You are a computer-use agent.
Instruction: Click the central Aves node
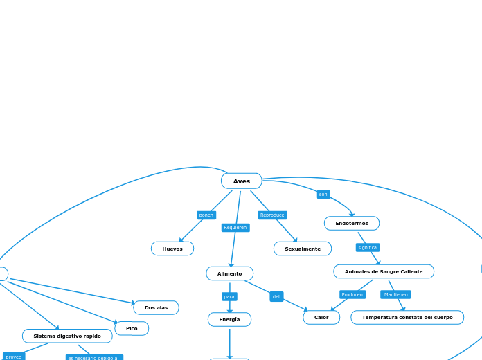pyautogui.click(x=241, y=181)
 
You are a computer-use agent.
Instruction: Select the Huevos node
pyautogui.click(x=172, y=249)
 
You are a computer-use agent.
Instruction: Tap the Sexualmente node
pyautogui.click(x=303, y=249)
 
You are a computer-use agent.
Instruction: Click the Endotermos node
pyautogui.click(x=352, y=223)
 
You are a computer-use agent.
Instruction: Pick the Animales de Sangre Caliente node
pyautogui.click(x=384, y=271)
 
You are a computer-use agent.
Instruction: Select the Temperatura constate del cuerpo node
pyautogui.click(x=407, y=317)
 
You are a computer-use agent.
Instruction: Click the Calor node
pyautogui.click(x=321, y=317)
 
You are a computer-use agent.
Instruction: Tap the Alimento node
pyautogui.click(x=229, y=273)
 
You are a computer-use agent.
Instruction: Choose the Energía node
pyautogui.click(x=229, y=319)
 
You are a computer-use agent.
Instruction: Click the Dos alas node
pyautogui.click(x=156, y=307)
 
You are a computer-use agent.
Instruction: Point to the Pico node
pyautogui.click(x=132, y=328)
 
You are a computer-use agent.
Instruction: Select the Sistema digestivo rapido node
pyautogui.click(x=67, y=336)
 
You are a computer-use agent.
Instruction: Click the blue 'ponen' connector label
pyautogui.click(x=206, y=215)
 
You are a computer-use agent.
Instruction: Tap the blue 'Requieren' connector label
pyautogui.click(x=235, y=227)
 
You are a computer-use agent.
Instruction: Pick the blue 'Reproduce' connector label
pyautogui.click(x=272, y=215)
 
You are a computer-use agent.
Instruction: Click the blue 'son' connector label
pyautogui.click(x=323, y=195)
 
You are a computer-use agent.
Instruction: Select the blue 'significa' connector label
pyautogui.click(x=367, y=247)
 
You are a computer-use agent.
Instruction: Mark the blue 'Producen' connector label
pyautogui.click(x=352, y=294)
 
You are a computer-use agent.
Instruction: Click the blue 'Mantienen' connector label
pyautogui.click(x=395, y=294)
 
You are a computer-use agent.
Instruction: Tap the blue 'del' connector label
pyautogui.click(x=276, y=296)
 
